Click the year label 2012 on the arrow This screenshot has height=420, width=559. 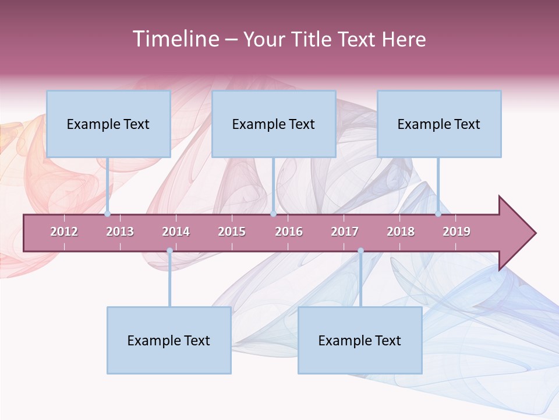click(x=64, y=232)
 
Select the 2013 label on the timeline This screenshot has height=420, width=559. click(x=120, y=232)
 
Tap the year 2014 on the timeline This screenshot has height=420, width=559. click(x=176, y=232)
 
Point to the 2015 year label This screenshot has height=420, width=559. click(x=232, y=232)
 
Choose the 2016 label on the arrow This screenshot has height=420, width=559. click(x=289, y=232)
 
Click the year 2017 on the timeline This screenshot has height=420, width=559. click(x=345, y=232)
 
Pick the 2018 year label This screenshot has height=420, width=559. click(x=401, y=232)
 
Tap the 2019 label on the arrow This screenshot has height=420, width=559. click(x=457, y=232)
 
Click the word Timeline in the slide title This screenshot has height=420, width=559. click(x=175, y=39)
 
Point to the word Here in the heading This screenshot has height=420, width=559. click(x=404, y=39)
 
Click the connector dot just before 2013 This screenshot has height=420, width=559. click(x=108, y=214)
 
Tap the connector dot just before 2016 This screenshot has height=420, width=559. click(x=273, y=214)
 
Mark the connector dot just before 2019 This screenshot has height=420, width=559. click(x=438, y=214)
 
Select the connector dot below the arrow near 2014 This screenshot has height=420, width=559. click(x=169, y=251)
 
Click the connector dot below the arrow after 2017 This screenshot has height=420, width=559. click(x=360, y=251)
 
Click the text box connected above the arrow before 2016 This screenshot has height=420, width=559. click(x=274, y=124)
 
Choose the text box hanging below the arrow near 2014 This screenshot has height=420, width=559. click(x=169, y=340)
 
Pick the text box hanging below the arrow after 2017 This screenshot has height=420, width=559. click(x=360, y=340)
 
